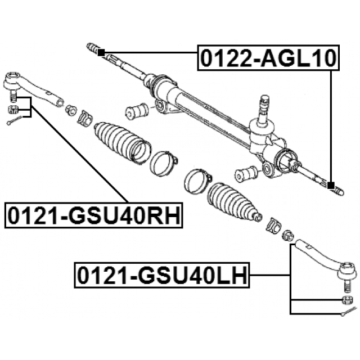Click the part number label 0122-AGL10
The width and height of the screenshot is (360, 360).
268,57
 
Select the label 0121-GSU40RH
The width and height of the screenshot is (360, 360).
94,215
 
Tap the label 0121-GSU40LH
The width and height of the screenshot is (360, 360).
162,275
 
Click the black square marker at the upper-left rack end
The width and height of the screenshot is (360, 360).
101,52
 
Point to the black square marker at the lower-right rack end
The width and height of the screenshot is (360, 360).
331,185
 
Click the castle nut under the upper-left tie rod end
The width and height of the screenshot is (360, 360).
12,109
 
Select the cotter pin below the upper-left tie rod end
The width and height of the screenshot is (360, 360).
15,120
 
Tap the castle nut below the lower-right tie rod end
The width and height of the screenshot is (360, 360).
348,300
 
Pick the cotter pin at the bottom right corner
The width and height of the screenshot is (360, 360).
349,311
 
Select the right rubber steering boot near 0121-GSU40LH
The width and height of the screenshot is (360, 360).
234,202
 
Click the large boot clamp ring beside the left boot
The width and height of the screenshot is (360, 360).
164,163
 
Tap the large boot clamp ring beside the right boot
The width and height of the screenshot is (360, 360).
197,181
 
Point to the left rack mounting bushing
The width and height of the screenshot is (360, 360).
137,111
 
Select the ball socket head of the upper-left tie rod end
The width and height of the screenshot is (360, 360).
12,80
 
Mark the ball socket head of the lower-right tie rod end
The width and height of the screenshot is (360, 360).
348,270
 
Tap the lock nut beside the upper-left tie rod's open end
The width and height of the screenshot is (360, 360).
71,110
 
